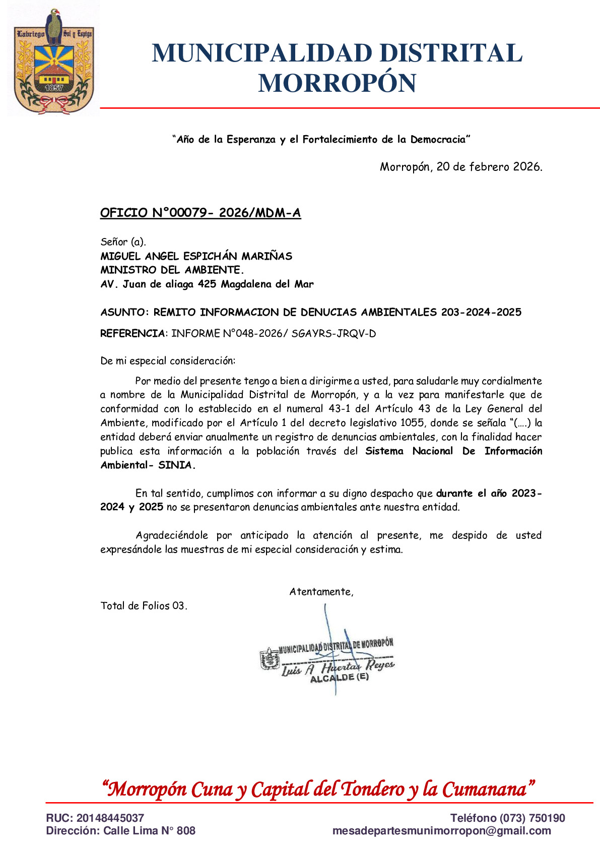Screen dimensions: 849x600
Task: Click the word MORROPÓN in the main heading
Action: [337, 83]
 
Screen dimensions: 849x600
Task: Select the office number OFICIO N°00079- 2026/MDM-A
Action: [201, 213]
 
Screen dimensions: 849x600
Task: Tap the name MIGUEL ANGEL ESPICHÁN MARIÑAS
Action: [196, 256]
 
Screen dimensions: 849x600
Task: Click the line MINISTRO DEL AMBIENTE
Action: [172, 270]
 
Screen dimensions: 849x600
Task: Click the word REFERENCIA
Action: [132, 334]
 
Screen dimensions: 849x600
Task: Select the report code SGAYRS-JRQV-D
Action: [334, 334]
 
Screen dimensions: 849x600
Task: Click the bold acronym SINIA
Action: [176, 465]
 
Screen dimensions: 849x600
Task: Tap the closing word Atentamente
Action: [321, 592]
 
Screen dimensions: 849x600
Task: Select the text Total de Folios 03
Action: [144, 606]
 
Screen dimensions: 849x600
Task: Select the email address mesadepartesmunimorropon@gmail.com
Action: [441, 831]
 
